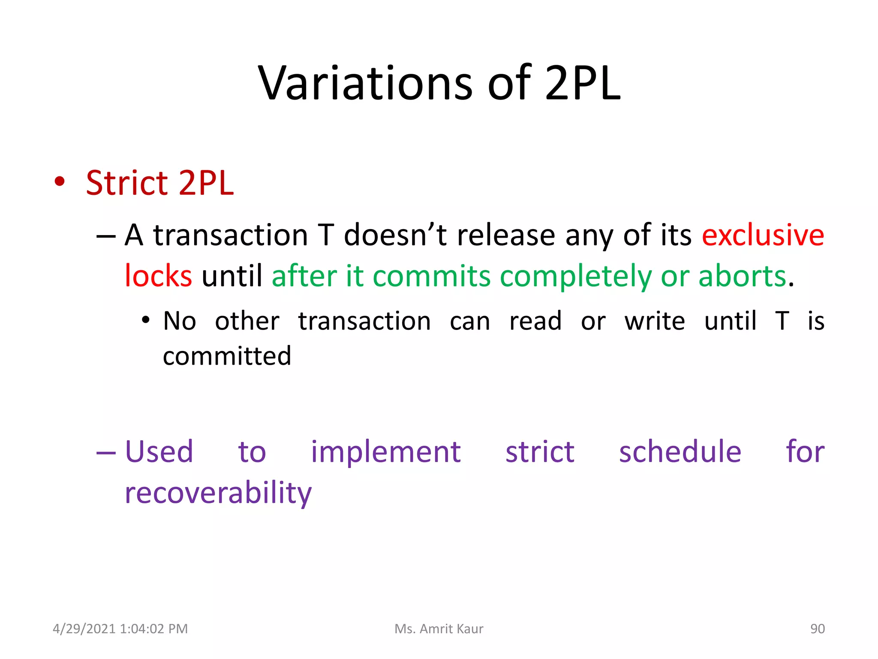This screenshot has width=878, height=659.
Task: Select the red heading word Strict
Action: coord(127,183)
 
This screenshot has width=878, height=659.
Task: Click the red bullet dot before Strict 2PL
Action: coord(60,181)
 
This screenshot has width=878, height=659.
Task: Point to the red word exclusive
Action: coord(763,235)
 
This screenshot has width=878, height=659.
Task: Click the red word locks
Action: coord(158,276)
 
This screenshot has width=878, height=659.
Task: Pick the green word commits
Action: coord(431,276)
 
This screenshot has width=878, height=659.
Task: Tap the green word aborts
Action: coord(742,276)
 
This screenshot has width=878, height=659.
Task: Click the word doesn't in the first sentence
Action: coord(395,235)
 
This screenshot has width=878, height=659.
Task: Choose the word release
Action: coord(506,235)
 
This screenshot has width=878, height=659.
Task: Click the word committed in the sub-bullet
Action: coord(227,356)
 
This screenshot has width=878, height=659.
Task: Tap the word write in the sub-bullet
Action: coord(655,321)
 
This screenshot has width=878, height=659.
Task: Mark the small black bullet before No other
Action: coord(146,320)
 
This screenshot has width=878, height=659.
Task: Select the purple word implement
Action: coord(385,452)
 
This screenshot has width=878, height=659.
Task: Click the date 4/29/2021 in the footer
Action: coord(84,629)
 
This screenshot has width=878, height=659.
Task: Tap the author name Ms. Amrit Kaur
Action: coord(439,629)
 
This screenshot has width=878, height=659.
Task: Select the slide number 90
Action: coord(817,629)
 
